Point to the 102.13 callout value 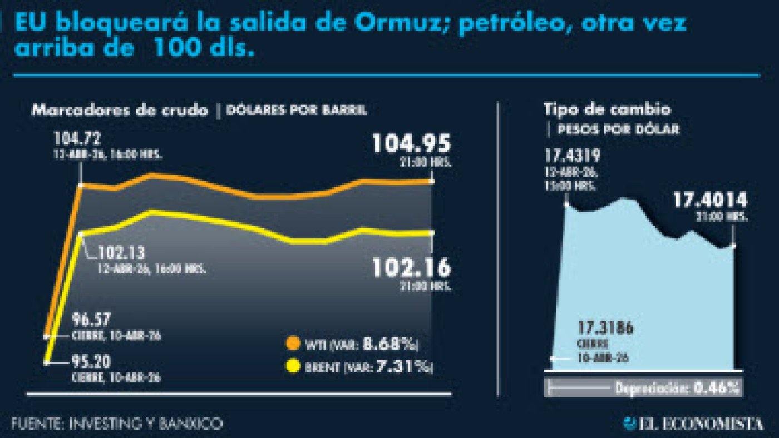(122, 253)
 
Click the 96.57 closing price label (91, 320)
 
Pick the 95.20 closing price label (91, 362)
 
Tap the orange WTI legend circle (292, 344)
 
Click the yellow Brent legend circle (292, 367)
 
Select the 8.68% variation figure (390, 344)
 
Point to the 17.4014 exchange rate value (710, 200)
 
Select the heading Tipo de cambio (607, 109)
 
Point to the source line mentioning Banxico (117, 424)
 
